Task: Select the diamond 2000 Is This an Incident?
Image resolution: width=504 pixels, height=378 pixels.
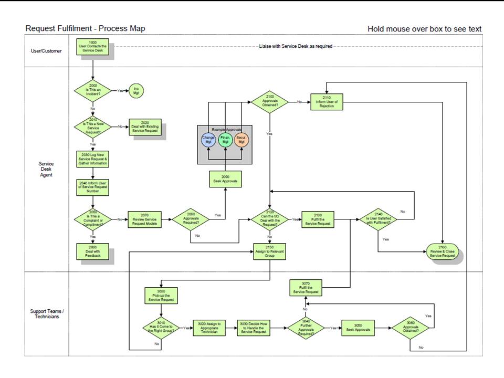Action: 93,90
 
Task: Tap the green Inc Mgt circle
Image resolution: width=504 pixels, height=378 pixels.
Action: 136,90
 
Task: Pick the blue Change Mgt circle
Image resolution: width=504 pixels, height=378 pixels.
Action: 208,140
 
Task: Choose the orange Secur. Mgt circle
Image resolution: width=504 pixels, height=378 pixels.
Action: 242,140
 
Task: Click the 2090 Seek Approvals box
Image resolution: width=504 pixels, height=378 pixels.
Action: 226,179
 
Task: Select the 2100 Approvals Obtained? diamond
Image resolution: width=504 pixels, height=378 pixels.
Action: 270,102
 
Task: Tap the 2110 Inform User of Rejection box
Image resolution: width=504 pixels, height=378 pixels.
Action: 328,102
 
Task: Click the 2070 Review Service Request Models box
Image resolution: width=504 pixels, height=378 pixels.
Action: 145,219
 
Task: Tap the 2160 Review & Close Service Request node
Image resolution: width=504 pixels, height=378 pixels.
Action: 443,251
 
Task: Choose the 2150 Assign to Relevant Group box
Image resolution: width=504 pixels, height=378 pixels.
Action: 270,251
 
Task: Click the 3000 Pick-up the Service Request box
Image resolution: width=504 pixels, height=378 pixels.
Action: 162,295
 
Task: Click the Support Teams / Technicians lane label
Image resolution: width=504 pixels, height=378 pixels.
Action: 47,314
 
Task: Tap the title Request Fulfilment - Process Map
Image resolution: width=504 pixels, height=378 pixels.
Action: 86,28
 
